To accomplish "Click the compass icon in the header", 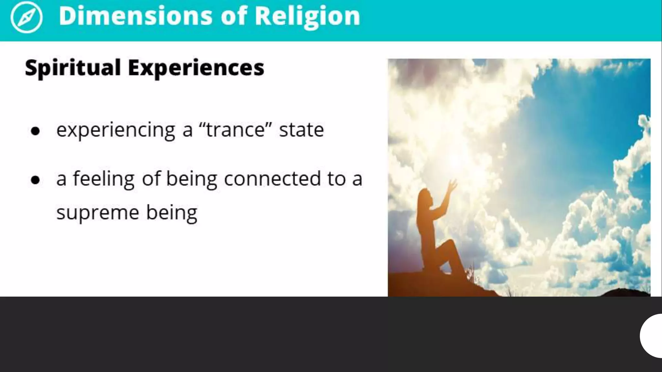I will tap(26, 17).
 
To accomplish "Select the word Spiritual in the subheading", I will tap(73, 68).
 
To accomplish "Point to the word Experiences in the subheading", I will tap(196, 68).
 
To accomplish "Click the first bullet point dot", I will tap(35, 131).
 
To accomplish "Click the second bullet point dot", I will tap(35, 180).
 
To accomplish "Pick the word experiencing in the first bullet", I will tap(116, 130).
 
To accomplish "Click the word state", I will tap(301, 130).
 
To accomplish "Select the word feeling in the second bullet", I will tap(103, 179).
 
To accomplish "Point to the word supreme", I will tap(98, 213).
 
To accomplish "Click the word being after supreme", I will tap(172, 213).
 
